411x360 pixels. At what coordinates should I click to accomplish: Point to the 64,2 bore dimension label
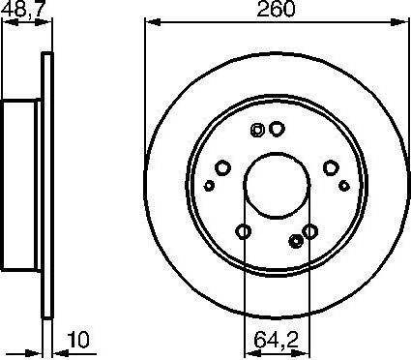point(277,340)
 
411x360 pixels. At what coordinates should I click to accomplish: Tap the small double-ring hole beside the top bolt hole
point(257,131)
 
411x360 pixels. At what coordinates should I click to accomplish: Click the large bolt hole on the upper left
point(221,166)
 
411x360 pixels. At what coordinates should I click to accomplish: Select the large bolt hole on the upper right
point(331,166)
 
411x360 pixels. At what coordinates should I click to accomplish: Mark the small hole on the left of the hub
point(209,184)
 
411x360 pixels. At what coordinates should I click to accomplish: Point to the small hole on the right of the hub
point(344,184)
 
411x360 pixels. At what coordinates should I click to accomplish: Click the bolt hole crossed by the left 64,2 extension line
point(244,230)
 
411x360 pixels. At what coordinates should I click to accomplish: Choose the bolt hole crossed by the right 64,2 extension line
point(309,230)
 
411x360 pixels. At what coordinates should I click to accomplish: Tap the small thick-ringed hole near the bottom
point(295,241)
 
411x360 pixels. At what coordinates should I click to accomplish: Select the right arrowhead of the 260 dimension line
point(405,22)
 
